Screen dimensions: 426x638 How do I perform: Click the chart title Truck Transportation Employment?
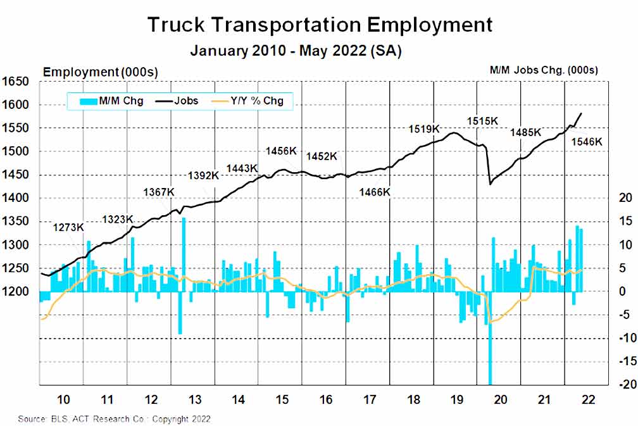[x=319, y=25]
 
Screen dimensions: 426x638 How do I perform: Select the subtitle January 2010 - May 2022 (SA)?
[x=296, y=51]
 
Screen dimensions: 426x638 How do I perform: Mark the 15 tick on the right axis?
[x=626, y=222]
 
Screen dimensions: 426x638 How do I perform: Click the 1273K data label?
[x=68, y=227]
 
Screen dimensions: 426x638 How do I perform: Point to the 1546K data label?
[x=587, y=142]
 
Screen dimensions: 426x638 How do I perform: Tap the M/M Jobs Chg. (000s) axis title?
[x=544, y=70]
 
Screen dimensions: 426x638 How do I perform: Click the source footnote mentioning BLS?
[x=115, y=419]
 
